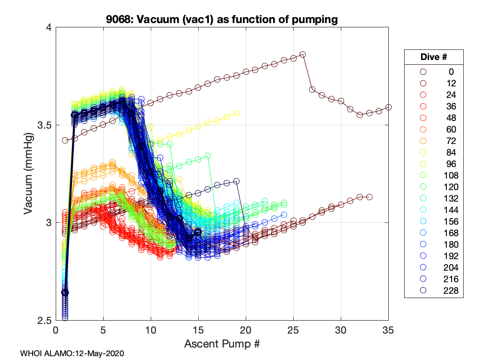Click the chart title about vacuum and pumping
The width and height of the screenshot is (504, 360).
point(222,20)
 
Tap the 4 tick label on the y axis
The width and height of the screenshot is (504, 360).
point(48,28)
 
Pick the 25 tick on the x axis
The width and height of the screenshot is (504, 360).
point(293,331)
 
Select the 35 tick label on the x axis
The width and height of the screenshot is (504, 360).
point(388,331)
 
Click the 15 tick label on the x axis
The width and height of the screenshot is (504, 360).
point(198,331)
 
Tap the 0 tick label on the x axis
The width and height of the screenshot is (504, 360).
point(56,331)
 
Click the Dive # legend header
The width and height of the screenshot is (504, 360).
point(433,57)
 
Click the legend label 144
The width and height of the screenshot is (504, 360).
point(451,210)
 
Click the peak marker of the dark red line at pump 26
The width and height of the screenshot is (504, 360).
point(302,54)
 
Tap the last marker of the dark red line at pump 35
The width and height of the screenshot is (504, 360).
point(388,107)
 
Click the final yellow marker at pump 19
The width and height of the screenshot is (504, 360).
point(236,113)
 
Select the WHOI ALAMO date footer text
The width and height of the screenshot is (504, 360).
point(72,353)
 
